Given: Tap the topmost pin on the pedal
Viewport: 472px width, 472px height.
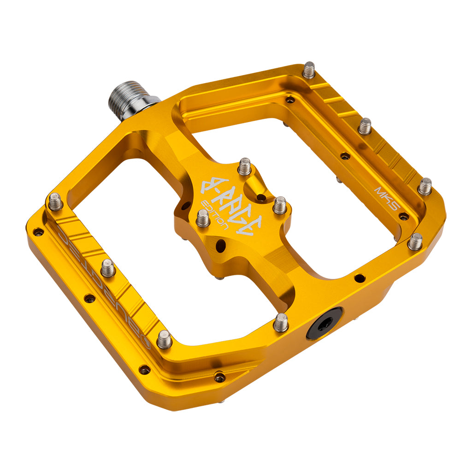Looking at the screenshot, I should tap(308, 71).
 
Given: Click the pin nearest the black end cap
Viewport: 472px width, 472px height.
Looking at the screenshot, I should tap(281, 322).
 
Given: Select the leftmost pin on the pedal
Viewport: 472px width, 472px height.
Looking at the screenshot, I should tap(56, 201).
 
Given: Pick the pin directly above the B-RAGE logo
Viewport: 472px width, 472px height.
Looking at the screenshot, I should tap(244, 166).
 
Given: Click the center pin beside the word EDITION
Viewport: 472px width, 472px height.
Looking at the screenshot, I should tap(203, 218).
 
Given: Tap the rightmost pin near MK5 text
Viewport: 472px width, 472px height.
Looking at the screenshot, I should tap(425, 186).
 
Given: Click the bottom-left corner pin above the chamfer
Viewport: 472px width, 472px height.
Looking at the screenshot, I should tap(164, 339).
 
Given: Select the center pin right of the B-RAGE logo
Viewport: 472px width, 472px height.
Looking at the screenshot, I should tap(279, 205).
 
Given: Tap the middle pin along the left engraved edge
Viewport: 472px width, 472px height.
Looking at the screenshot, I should tap(108, 268).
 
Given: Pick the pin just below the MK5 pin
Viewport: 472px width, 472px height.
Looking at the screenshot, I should tap(415, 242).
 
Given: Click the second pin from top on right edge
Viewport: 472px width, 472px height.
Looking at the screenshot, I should tap(365, 126).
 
